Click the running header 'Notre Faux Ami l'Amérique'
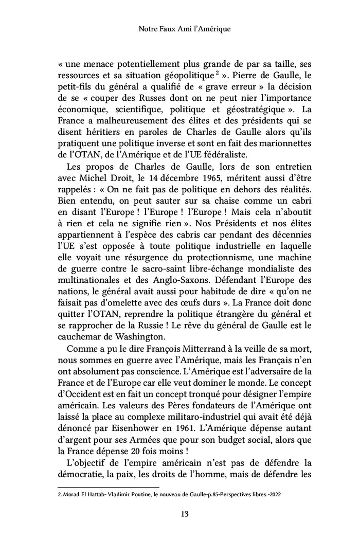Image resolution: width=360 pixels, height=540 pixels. tap(179, 30)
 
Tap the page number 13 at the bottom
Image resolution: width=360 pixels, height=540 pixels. tap(179, 513)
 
